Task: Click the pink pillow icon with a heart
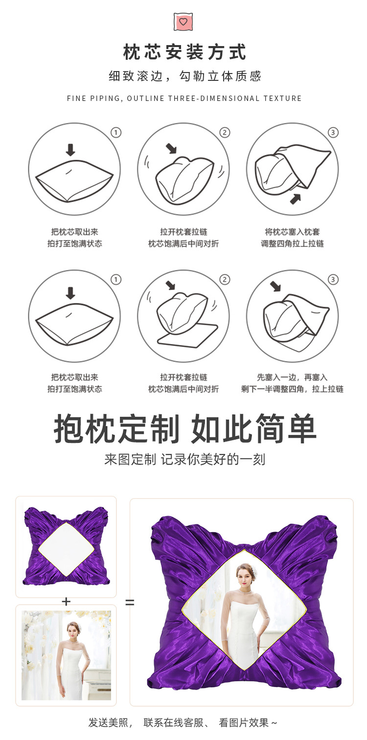point(183,22)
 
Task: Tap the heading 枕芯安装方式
point(184,52)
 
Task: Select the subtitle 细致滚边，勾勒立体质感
point(184,76)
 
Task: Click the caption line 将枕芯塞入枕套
point(292,232)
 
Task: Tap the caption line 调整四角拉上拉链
point(292,244)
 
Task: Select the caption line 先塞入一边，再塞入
point(292,377)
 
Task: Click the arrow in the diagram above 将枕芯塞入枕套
point(295,198)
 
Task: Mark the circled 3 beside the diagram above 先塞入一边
point(333,280)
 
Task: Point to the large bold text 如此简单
point(253,429)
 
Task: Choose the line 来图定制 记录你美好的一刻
point(184,460)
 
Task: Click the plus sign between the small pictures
point(66,601)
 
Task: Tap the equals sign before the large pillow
point(130,602)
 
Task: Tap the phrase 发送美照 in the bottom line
point(108,722)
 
